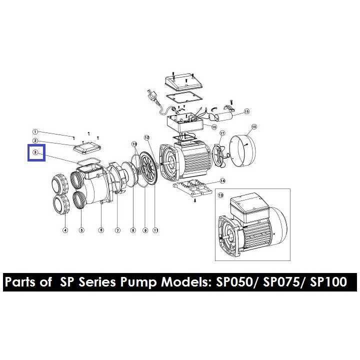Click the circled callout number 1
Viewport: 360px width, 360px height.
[35, 132]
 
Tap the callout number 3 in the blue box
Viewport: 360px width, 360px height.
[35, 152]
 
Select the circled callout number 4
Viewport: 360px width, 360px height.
[65, 230]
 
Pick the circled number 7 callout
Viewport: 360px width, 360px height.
[117, 230]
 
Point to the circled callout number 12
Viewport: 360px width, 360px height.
[147, 138]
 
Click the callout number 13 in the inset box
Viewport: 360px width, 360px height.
[220, 195]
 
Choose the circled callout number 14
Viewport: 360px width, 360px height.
[222, 181]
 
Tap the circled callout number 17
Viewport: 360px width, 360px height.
[222, 133]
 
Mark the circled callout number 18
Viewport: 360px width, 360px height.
[254, 126]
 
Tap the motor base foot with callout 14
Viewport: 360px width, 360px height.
[192, 187]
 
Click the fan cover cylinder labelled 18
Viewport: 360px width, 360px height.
[243, 150]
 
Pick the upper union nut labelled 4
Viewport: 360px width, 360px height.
[60, 182]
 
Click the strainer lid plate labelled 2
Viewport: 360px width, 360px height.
[87, 148]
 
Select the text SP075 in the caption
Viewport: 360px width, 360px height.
[281, 282]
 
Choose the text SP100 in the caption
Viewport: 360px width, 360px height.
[328, 282]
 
